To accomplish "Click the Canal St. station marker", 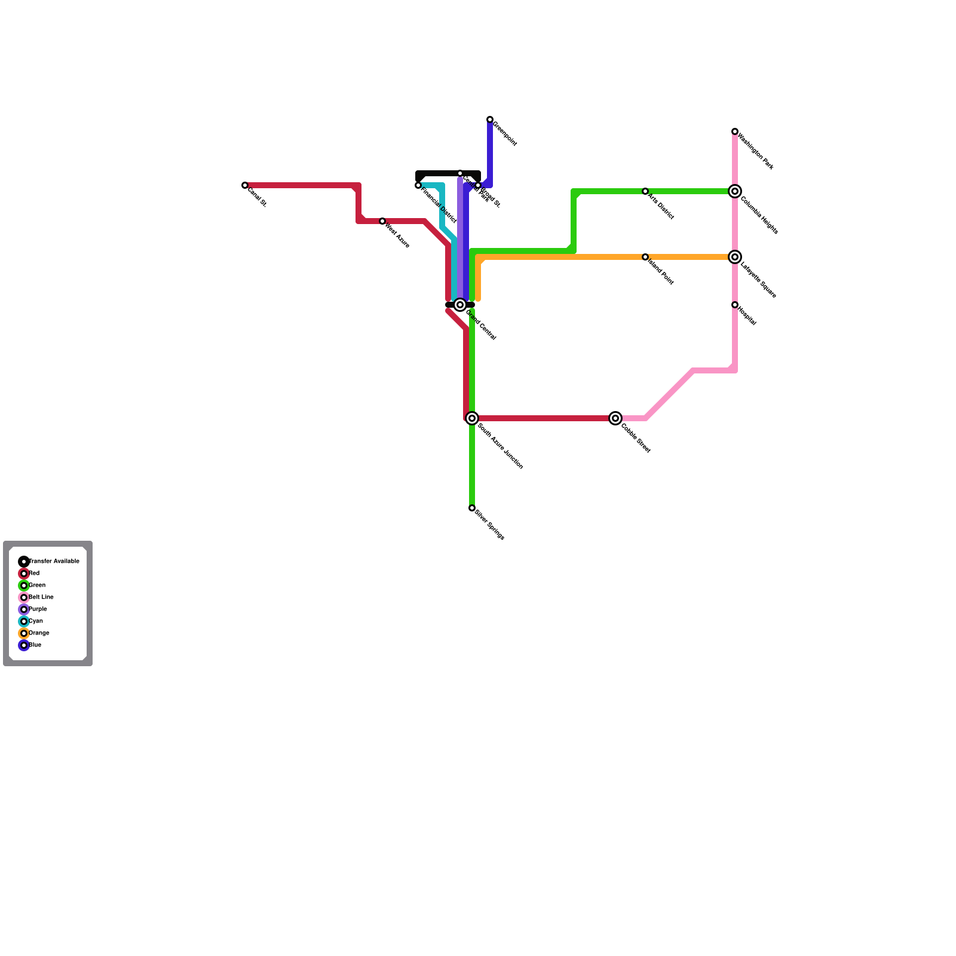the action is click(245, 185).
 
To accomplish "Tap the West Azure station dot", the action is click(382, 221).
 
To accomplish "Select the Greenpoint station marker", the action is click(490, 119).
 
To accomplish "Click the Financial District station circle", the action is click(418, 185).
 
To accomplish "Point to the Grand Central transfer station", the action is click(460, 305).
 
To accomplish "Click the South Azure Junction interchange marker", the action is click(472, 418).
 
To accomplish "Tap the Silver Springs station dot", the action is click(472, 508).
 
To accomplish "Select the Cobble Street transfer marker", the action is click(615, 418).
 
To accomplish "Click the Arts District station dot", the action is click(645, 191).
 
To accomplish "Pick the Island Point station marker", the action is click(645, 257).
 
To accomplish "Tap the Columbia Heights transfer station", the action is click(735, 191).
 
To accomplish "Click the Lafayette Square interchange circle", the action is click(735, 257).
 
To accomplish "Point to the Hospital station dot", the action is click(735, 305).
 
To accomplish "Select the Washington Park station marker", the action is click(735, 131).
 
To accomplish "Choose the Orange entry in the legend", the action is click(24, 633).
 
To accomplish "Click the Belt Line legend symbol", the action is click(24, 597).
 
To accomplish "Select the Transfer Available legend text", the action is click(54, 562).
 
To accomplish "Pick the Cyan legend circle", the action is click(24, 621).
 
